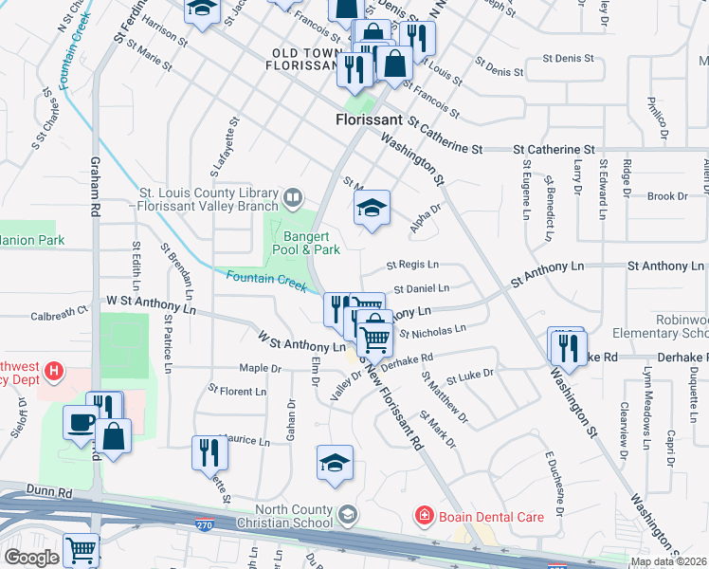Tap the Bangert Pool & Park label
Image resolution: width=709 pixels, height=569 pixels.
click(x=306, y=243)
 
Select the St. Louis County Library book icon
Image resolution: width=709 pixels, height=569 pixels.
click(x=294, y=197)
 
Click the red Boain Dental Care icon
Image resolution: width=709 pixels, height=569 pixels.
click(x=426, y=516)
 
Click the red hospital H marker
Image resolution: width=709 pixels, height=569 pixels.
click(x=55, y=371)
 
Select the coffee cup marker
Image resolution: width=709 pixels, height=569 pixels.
click(x=79, y=421)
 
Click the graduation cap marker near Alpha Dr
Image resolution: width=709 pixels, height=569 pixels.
click(x=373, y=208)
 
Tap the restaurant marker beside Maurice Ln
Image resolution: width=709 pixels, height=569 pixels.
click(x=209, y=451)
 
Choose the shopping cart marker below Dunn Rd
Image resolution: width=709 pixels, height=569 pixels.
click(x=81, y=549)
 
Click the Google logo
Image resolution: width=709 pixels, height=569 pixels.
click(x=30, y=558)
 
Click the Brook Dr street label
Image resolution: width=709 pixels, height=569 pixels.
click(x=667, y=196)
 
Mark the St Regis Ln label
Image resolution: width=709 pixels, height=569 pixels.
click(x=412, y=266)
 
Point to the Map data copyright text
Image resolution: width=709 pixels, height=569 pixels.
click(x=669, y=561)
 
